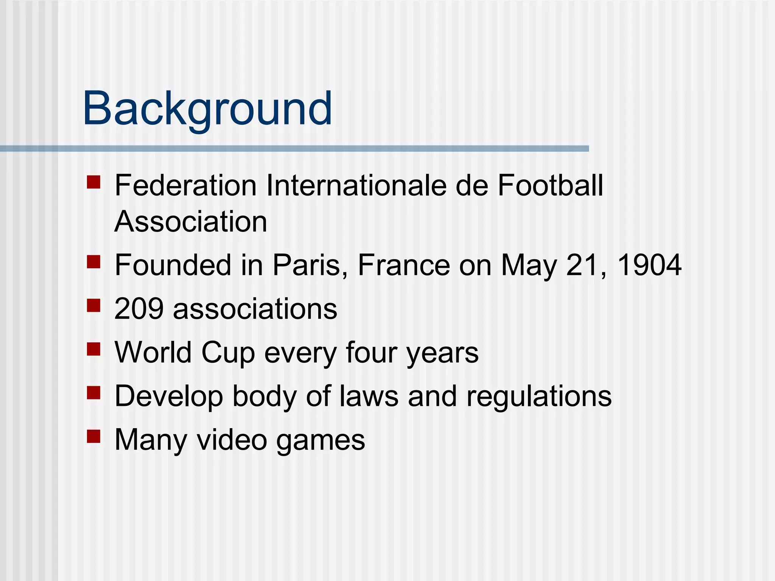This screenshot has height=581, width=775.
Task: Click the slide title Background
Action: (207, 109)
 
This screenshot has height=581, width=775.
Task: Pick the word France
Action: (404, 265)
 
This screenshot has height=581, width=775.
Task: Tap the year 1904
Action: (649, 265)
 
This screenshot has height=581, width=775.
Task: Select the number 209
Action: (139, 309)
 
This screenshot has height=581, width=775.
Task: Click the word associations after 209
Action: (255, 309)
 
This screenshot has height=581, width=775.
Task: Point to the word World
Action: (153, 353)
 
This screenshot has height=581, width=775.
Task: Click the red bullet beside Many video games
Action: (93, 436)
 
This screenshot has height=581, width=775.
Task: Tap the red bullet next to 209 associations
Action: (93, 305)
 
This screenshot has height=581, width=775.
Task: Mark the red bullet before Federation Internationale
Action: (93, 182)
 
